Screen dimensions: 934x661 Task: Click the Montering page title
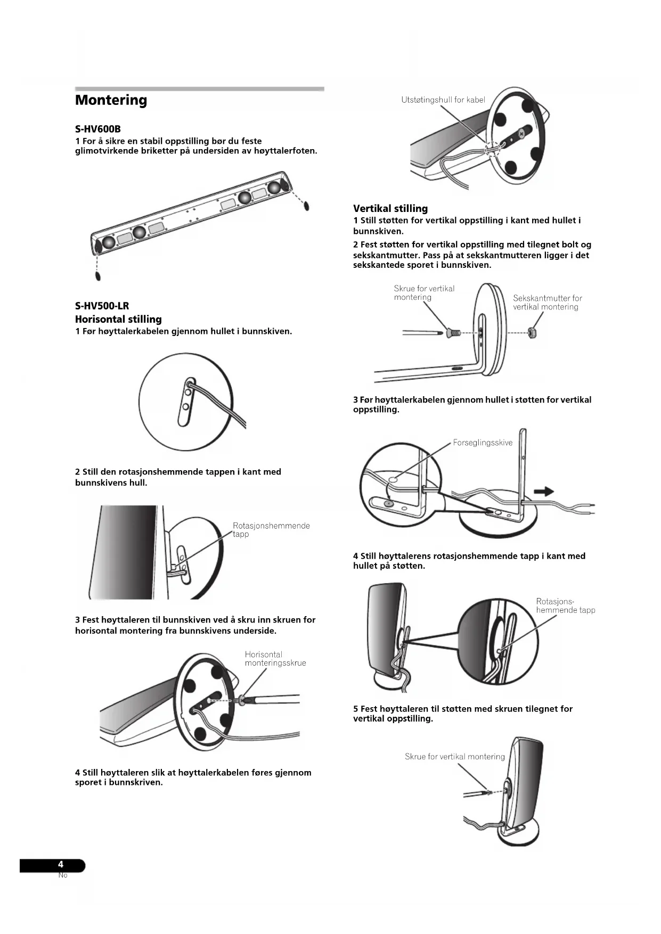point(111,100)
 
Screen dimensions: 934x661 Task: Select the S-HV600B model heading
point(98,129)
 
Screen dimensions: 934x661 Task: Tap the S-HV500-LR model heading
point(102,306)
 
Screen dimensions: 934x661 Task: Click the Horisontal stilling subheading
point(118,319)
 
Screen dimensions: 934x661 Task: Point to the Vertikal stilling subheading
point(390,209)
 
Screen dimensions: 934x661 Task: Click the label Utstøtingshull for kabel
point(443,100)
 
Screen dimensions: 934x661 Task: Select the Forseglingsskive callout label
point(483,443)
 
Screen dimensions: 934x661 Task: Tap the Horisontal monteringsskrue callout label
point(275,659)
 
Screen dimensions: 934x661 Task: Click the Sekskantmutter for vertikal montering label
point(547,302)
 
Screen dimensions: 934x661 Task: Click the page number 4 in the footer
point(61,865)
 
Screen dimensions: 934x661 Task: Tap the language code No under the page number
point(63,875)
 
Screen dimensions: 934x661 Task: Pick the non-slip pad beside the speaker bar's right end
point(306,206)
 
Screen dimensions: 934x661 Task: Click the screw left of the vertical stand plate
point(453,333)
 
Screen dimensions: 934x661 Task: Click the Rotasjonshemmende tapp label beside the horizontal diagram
point(271,530)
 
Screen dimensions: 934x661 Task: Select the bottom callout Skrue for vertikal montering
point(454,757)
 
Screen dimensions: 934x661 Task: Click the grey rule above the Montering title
point(199,89)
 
